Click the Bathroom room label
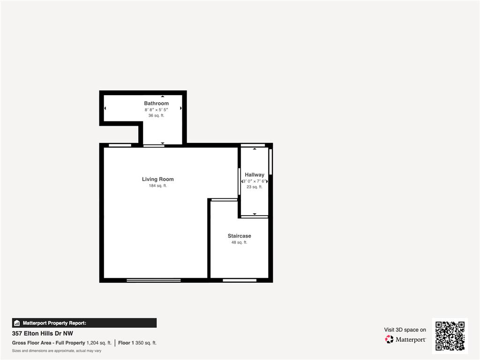(x=156, y=103)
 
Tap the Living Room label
(x=157, y=179)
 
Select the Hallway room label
(x=255, y=174)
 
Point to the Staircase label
(x=240, y=236)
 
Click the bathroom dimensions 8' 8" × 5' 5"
(x=157, y=110)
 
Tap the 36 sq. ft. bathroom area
(x=156, y=115)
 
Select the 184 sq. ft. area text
(x=157, y=186)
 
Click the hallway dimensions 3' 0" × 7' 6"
(x=255, y=181)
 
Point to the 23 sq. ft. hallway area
(x=255, y=187)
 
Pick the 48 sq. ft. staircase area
(x=239, y=242)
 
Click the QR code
(x=450, y=336)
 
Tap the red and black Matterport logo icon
(x=389, y=339)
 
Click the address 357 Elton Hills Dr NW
(x=43, y=333)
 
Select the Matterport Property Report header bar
(x=84, y=323)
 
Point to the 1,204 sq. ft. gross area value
(x=99, y=343)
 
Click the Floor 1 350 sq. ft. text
(x=137, y=343)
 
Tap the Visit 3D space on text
(x=405, y=330)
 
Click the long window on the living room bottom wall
(x=154, y=280)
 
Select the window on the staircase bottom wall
(x=240, y=280)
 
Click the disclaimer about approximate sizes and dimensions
(x=57, y=351)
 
